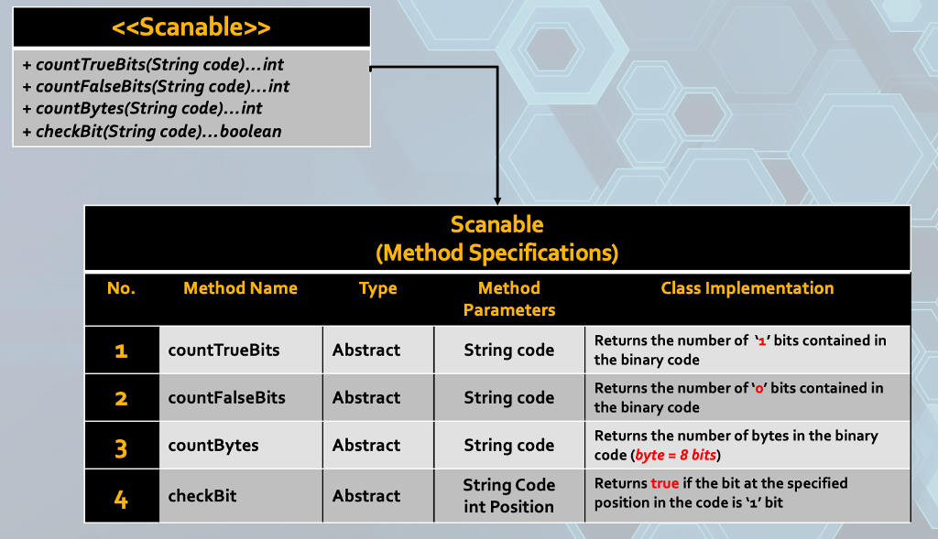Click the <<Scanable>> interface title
pos(191,27)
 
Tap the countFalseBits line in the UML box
pos(156,87)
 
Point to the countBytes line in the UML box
pos(142,109)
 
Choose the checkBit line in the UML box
pos(152,131)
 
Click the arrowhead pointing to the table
pos(497,199)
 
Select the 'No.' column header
pos(121,288)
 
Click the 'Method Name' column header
pos(240,288)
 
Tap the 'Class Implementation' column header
pos(747,288)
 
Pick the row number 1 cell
pos(121,350)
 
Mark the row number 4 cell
pos(121,499)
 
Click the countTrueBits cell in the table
pos(224,350)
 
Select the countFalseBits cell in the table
pos(226,398)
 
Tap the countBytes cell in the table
pos(213,446)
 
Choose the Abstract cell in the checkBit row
pos(366,495)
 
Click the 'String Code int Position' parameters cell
pos(509,495)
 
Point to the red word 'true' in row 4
pos(665,482)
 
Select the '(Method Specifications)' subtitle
pos(497,252)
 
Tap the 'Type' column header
pos(377,288)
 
